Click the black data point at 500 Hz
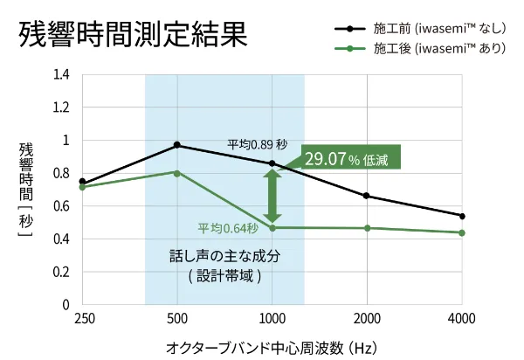tap(177, 145)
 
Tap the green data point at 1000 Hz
tap(272, 228)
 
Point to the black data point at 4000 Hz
tap(462, 216)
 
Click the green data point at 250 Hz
tap(82, 187)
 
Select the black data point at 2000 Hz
tap(367, 196)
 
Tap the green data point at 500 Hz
tap(177, 173)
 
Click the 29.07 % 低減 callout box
tap(350, 158)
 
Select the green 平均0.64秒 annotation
tap(228, 229)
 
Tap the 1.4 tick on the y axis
tap(61, 75)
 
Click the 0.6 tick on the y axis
tap(61, 206)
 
